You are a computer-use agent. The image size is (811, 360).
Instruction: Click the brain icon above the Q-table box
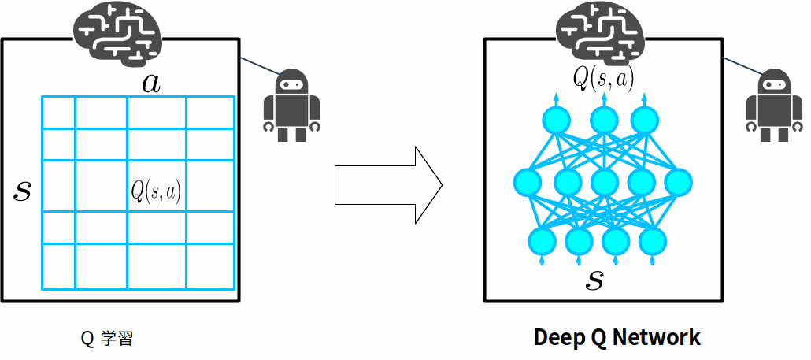pos(118,30)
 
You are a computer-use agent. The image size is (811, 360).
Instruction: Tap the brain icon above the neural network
pos(602,30)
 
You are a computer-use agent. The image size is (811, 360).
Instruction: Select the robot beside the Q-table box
pos(292,106)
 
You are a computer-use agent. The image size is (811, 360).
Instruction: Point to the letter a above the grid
pos(151,84)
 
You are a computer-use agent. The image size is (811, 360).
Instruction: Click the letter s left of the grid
pos(23,191)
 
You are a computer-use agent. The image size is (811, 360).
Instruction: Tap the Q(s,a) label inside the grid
pos(156,191)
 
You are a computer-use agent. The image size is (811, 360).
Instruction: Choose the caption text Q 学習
pos(107,339)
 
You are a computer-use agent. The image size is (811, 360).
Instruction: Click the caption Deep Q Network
pos(617,338)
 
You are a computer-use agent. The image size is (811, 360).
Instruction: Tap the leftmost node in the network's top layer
pos(556,121)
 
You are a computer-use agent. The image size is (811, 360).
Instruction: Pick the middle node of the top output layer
pos(604,121)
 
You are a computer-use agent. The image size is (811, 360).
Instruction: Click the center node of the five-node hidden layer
pos(604,182)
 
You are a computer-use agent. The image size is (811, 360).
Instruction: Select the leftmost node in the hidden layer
pos(527,182)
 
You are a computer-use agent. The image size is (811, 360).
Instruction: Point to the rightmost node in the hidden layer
pos(678,182)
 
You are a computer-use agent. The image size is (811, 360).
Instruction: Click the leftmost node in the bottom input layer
pos(542,239)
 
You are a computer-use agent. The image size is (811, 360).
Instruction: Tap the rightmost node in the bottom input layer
pos(652,239)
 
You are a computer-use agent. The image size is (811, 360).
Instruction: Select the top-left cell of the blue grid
pos(58,112)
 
